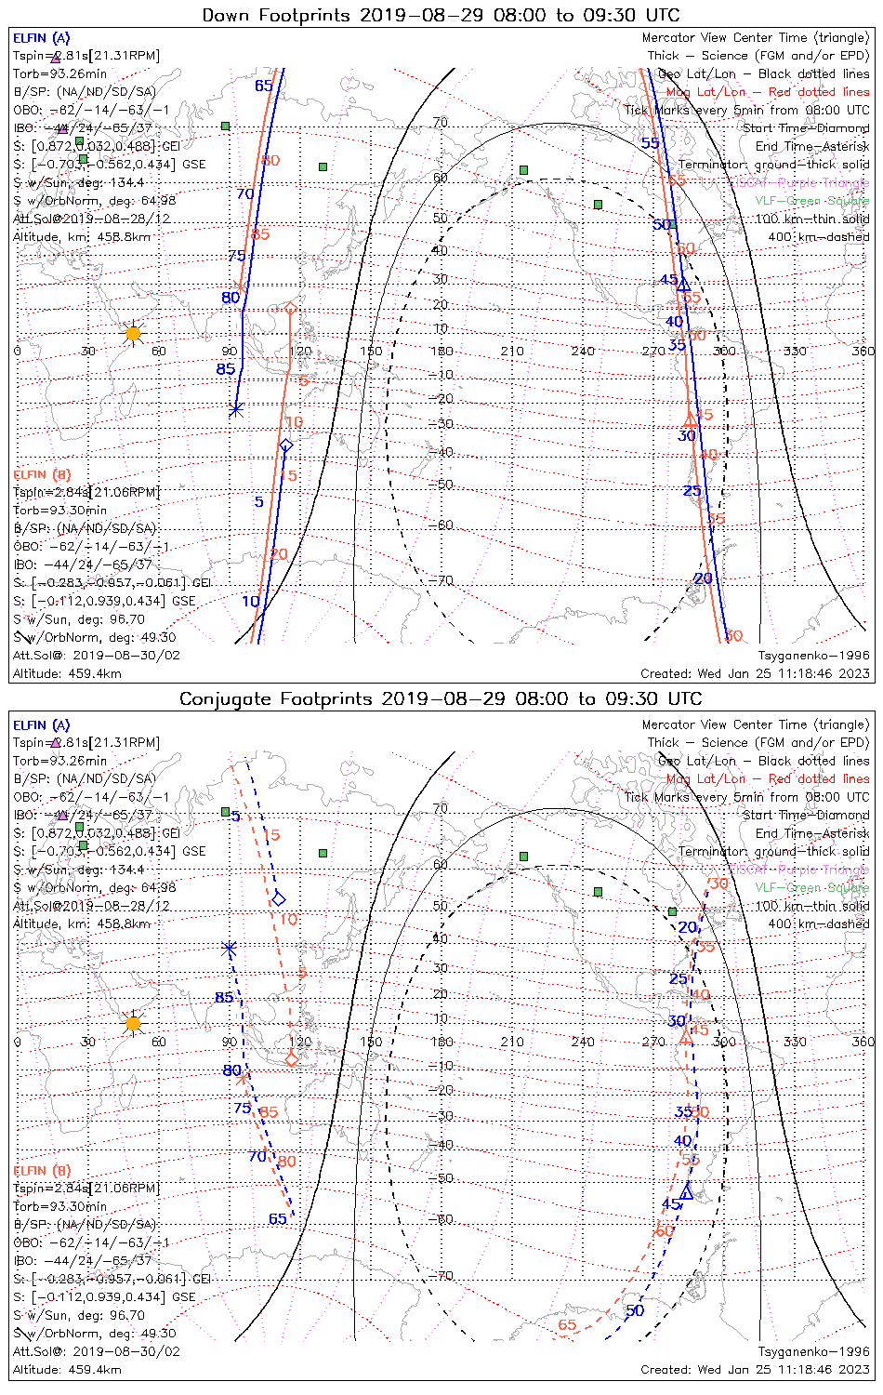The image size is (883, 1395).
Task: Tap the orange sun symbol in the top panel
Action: point(133,333)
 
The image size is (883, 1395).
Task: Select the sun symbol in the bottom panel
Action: point(133,1024)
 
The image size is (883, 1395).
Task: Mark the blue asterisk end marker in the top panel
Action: point(235,409)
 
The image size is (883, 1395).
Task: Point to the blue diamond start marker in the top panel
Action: point(286,446)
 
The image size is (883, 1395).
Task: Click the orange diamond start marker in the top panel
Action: point(290,308)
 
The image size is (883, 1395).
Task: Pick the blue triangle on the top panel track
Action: point(683,285)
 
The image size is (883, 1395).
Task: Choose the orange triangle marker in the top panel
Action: point(690,419)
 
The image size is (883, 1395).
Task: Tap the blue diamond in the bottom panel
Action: point(278,898)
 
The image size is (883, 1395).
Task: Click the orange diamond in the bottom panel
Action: point(291,1059)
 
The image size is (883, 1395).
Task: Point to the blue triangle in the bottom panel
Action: point(686,1193)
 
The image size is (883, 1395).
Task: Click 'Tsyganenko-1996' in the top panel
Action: point(813,656)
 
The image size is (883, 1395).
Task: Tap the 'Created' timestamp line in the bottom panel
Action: point(755,1369)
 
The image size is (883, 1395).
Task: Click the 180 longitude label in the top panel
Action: point(441,351)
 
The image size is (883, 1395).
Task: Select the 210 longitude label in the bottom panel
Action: point(512,1042)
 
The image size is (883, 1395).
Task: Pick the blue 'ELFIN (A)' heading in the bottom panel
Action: point(42,725)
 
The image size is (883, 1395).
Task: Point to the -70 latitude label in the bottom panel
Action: point(443,1275)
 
